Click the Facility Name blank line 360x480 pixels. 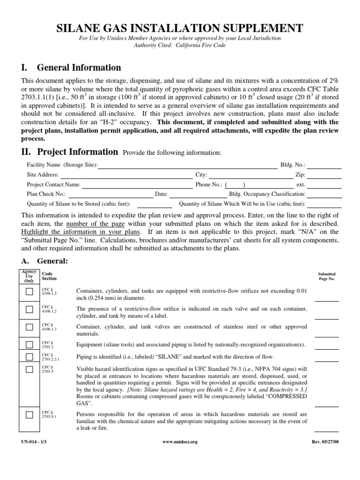click(x=187, y=165)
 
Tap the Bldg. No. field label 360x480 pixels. click(x=292, y=165)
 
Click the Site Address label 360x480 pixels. click(x=43, y=175)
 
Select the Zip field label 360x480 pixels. click(x=300, y=175)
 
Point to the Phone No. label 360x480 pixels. click(x=209, y=185)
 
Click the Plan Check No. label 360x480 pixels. click(x=46, y=194)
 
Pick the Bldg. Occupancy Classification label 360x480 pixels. click(x=267, y=194)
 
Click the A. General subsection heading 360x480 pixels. click(x=45, y=261)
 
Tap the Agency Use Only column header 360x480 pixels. click(x=29, y=276)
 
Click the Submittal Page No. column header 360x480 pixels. click(x=327, y=276)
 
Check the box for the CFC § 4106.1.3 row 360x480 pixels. click(x=30, y=327)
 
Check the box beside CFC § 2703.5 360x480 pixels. click(x=30, y=369)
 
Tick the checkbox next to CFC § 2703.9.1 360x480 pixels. click(x=30, y=414)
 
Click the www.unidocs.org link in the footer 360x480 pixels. click(x=180, y=442)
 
